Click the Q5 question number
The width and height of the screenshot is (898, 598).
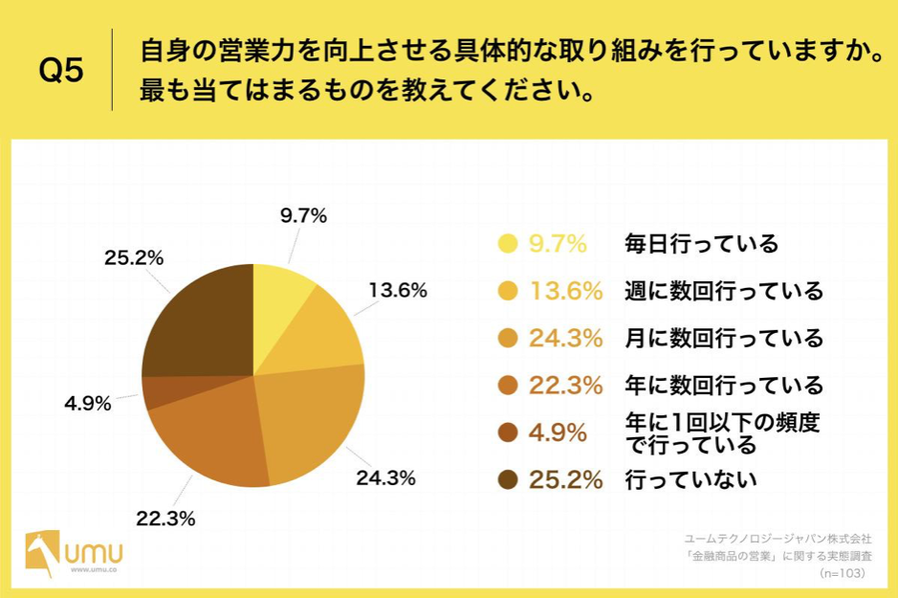pos(61,71)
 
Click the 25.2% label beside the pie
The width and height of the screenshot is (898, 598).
pos(134,258)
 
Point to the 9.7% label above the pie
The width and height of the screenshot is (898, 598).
pos(303,216)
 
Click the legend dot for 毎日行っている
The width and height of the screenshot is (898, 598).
pos(508,244)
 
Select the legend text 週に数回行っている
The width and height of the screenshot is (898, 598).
pos(723,291)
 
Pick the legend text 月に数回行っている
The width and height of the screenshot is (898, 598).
pos(723,338)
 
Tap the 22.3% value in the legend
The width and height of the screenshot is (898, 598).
pos(565,386)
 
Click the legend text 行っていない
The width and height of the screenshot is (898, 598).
pos(690,479)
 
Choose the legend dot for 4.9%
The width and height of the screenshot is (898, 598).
pos(508,432)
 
